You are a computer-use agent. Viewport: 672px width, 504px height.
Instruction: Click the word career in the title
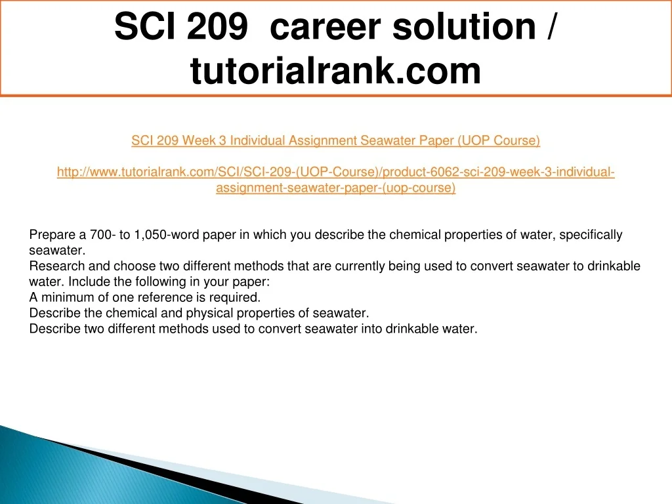point(325,27)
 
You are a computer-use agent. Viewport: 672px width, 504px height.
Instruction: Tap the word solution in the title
point(464,26)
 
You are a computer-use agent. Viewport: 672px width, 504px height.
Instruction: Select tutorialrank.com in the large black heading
point(335,71)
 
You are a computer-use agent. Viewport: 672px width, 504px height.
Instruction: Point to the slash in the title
point(551,26)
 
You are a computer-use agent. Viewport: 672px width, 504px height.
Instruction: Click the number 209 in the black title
point(218,26)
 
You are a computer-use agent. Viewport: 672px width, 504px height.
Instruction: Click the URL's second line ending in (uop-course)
point(335,188)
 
